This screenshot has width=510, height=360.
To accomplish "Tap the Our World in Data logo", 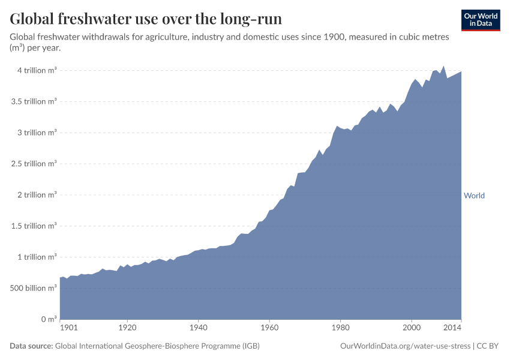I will tap(480, 20).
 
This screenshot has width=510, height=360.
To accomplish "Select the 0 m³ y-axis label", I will tap(48, 319).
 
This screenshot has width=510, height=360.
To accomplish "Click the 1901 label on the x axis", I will tap(69, 328).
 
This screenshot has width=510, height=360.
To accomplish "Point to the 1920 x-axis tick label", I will tap(127, 328).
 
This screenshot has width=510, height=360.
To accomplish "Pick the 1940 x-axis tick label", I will tap(198, 328).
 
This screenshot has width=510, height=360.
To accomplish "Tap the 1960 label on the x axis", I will tap(269, 328).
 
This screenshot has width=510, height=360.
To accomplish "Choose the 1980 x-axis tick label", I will tap(341, 328).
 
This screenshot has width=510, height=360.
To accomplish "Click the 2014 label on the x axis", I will tap(452, 328).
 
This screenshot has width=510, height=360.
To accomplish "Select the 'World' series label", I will tap(474, 196).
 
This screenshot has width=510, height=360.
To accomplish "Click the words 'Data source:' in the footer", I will tap(31, 346).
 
